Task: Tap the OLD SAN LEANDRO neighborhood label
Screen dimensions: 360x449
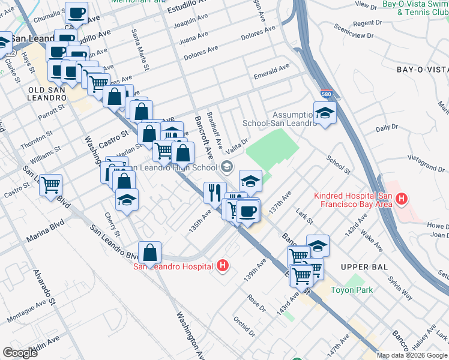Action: (46, 94)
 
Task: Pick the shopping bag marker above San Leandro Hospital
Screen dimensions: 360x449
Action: (149, 252)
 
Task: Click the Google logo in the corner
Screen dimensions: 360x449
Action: (20, 353)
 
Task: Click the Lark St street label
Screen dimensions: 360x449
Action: (304, 217)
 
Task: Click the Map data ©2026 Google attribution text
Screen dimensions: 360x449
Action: (412, 355)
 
